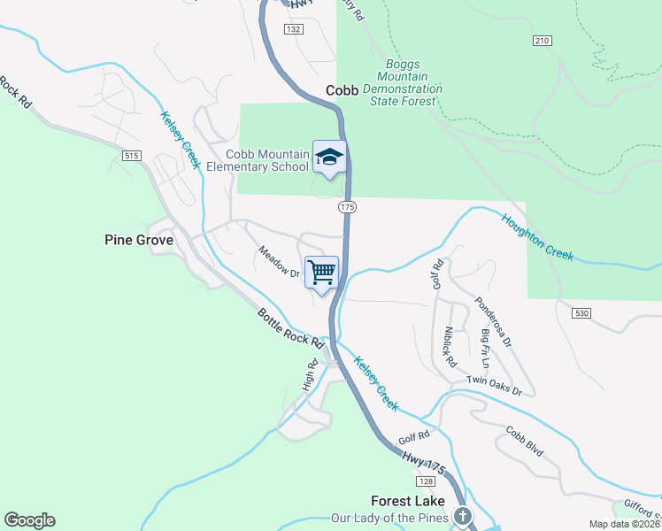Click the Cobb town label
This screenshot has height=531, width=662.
pyautogui.click(x=342, y=90)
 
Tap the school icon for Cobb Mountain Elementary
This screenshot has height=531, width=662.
pyautogui.click(x=329, y=158)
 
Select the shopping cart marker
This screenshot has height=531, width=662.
pyautogui.click(x=321, y=271)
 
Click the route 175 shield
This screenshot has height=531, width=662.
pyautogui.click(x=346, y=206)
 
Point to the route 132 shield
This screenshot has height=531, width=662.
pyautogui.click(x=294, y=29)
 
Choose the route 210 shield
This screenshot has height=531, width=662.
pyautogui.click(x=543, y=41)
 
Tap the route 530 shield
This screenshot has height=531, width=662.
pyautogui.click(x=581, y=313)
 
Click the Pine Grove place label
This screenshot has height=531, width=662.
pyautogui.click(x=138, y=239)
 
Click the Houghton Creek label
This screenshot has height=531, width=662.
pyautogui.click(x=538, y=237)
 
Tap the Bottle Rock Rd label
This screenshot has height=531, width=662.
pyautogui.click(x=289, y=327)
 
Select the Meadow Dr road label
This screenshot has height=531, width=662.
pyautogui.click(x=280, y=261)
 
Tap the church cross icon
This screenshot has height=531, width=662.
pyautogui.click(x=461, y=516)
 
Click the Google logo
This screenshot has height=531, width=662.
pyautogui.click(x=29, y=520)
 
